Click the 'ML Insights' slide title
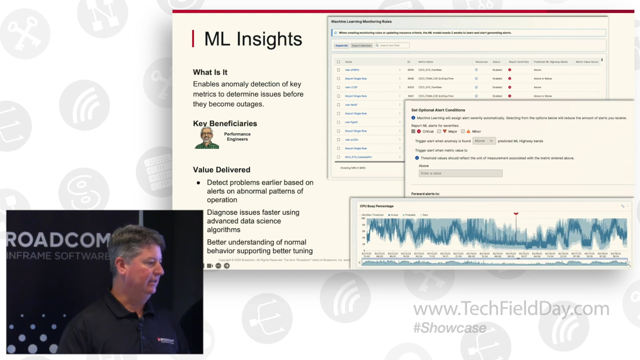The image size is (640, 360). (x=253, y=39)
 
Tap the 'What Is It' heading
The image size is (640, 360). (x=210, y=72)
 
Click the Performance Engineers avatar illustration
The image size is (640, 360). (x=207, y=137)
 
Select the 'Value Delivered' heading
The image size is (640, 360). (x=221, y=170)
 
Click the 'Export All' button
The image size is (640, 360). (x=341, y=46)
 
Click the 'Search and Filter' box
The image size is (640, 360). (x=392, y=46)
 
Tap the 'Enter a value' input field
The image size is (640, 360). (x=460, y=173)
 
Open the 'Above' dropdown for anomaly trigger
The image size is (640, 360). (x=484, y=141)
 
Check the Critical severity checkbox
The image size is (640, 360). (x=413, y=131)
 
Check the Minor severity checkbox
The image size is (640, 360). (x=463, y=131)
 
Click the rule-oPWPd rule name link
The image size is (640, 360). (x=352, y=70)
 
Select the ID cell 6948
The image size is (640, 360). (x=411, y=79)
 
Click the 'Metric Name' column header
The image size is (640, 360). (x=426, y=62)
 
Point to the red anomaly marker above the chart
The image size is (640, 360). (x=516, y=214)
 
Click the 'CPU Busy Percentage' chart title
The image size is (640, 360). (x=377, y=206)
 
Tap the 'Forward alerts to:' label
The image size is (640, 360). (x=425, y=194)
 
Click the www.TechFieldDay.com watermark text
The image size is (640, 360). (x=511, y=309)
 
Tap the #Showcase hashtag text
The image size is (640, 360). (x=450, y=328)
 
